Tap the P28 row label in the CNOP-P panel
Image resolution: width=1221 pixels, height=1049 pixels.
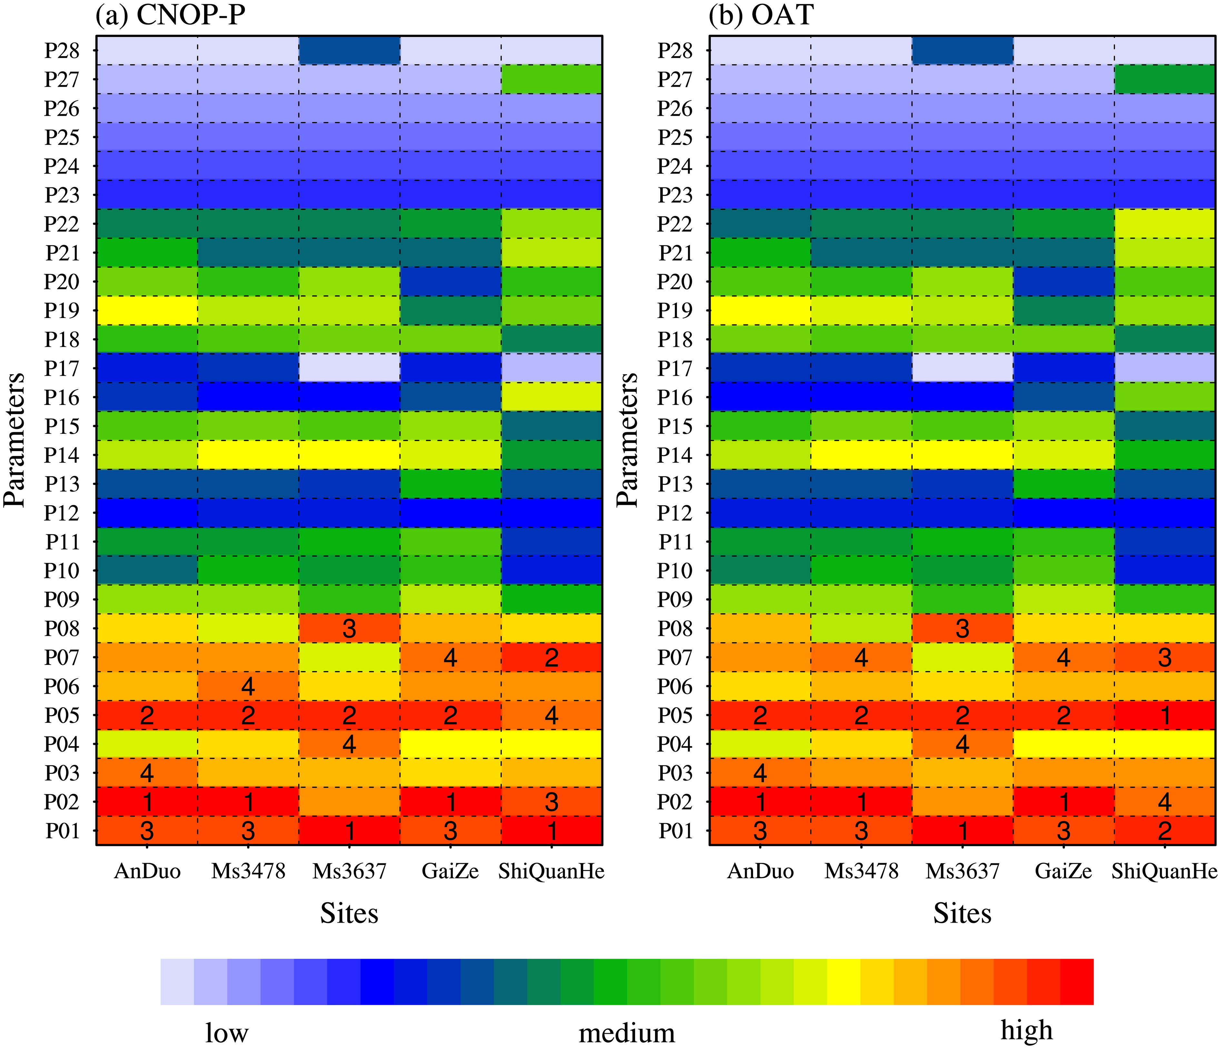click(x=62, y=51)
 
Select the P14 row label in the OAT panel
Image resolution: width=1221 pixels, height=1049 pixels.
click(x=675, y=456)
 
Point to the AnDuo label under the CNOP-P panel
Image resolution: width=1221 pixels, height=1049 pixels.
click(x=147, y=871)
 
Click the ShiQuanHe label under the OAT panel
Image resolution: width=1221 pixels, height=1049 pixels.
click(x=1165, y=871)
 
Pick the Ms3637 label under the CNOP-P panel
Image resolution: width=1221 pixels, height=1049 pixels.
click(x=350, y=871)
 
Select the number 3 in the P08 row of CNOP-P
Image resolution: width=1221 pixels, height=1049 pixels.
click(x=350, y=629)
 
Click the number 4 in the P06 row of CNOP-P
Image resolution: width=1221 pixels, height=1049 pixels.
click(x=248, y=687)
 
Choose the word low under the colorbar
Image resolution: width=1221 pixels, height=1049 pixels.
click(x=227, y=1033)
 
